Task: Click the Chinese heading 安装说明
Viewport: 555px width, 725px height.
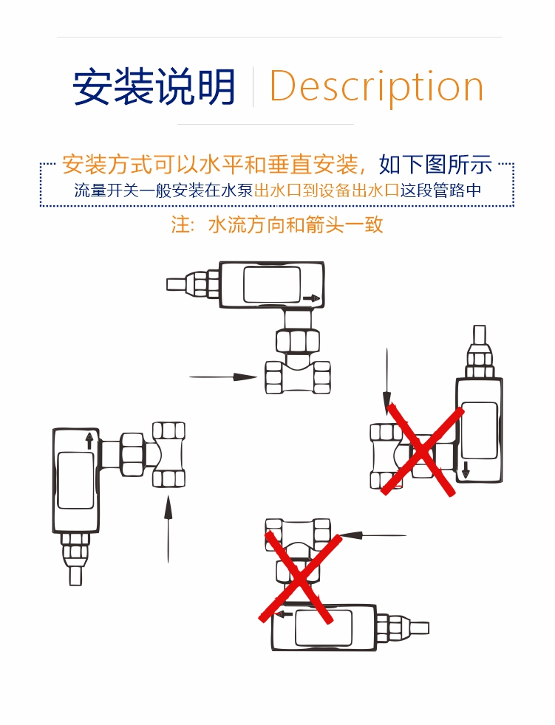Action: [x=154, y=87]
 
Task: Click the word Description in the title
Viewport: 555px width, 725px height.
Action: [x=376, y=87]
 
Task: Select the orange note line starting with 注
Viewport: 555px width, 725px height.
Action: [x=277, y=224]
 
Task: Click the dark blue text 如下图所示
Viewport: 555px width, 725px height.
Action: [x=435, y=164]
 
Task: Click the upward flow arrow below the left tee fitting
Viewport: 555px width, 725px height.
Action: [x=168, y=529]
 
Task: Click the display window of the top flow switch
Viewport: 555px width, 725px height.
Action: [x=271, y=284]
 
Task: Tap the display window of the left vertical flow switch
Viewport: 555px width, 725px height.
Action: [x=75, y=481]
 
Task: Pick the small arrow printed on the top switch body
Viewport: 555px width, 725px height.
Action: [x=312, y=298]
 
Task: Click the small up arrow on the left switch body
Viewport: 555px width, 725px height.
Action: [x=89, y=440]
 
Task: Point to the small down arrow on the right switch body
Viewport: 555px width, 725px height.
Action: [x=466, y=470]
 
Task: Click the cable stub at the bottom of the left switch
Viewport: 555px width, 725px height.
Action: [x=75, y=574]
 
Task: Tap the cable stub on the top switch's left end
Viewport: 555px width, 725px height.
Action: [x=177, y=283]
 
